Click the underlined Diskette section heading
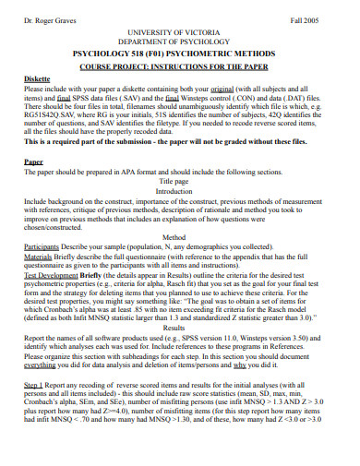pyautogui.click(x=38, y=80)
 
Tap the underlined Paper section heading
pyautogui.click(x=34, y=161)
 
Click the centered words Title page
pyautogui.click(x=180, y=182)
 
